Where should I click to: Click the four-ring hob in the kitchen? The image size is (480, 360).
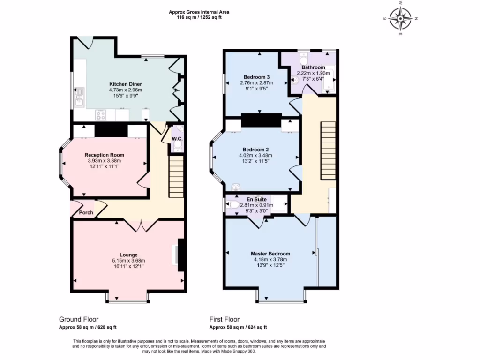click(x=101, y=114)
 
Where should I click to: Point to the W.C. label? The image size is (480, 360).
click(x=177, y=139)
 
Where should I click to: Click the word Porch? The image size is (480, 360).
click(x=86, y=212)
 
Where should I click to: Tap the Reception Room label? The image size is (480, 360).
click(x=104, y=155)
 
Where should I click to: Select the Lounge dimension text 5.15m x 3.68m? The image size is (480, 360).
click(x=128, y=261)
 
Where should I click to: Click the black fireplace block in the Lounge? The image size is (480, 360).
click(x=181, y=255)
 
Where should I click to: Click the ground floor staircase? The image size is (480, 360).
click(x=176, y=171)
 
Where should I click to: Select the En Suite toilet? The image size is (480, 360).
click(x=232, y=204)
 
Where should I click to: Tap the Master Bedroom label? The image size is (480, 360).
click(x=270, y=254)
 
